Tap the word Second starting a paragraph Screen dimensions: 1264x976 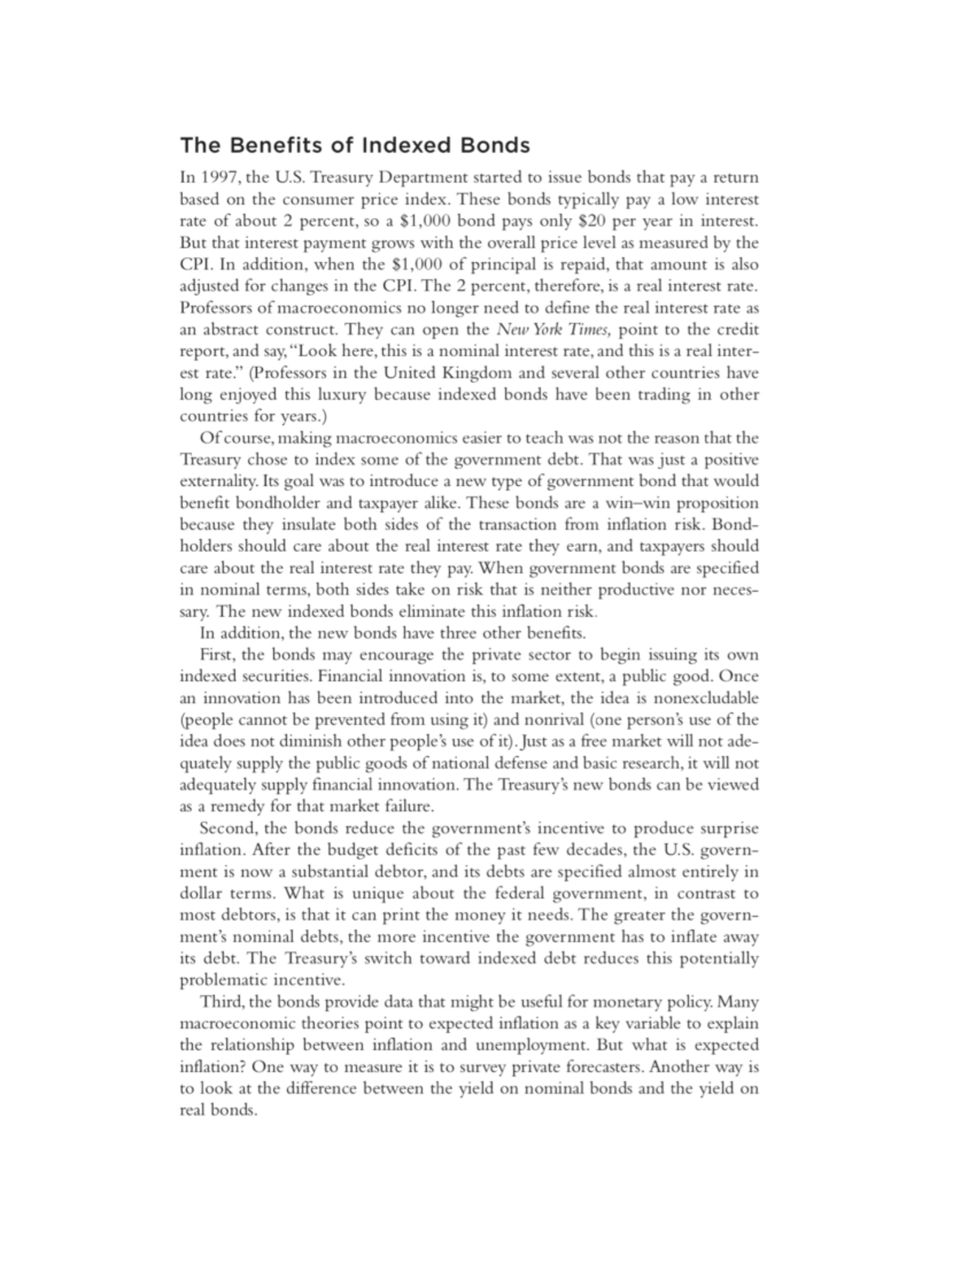228,829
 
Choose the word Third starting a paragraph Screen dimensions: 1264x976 220,1002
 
